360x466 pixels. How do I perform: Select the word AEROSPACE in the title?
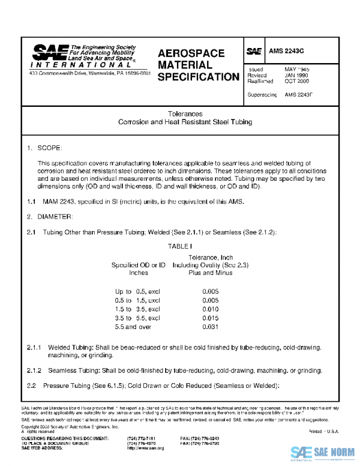click(x=191, y=53)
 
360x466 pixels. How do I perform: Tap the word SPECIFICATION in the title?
click(x=198, y=77)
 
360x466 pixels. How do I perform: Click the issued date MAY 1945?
click(x=297, y=70)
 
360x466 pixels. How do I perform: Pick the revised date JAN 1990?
click(x=296, y=76)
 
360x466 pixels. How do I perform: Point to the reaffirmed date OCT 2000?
click(x=297, y=81)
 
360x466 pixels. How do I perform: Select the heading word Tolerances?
click(x=185, y=113)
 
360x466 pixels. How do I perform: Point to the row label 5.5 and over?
click(x=133, y=327)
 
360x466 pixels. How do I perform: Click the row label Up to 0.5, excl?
click(x=137, y=292)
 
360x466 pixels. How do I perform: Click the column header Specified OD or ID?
click(x=139, y=264)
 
